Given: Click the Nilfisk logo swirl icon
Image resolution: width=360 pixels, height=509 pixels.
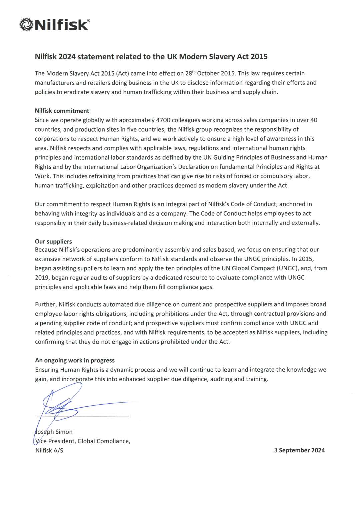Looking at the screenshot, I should tap(26, 25).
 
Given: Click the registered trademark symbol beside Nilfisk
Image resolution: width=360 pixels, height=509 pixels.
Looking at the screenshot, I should tap(88, 21).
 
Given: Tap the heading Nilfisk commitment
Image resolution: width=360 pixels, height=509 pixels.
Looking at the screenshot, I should tap(62, 111).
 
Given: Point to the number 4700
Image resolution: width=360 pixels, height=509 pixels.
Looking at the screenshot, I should tap(164, 120).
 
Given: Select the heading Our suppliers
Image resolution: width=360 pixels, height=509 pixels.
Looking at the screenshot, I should tap(53, 241).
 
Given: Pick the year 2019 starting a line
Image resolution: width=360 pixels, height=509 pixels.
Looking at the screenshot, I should tap(42, 278).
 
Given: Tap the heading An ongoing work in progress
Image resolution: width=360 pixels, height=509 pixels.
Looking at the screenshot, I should tap(75, 360).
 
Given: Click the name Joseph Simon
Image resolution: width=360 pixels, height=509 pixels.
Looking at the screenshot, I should tap(54, 432).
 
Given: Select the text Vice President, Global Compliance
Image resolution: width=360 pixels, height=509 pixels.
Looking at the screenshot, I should tap(83, 441).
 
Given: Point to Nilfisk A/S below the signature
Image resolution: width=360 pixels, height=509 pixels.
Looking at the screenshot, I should tap(49, 450).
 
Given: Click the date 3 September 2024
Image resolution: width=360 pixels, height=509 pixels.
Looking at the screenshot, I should tap(299, 450).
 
